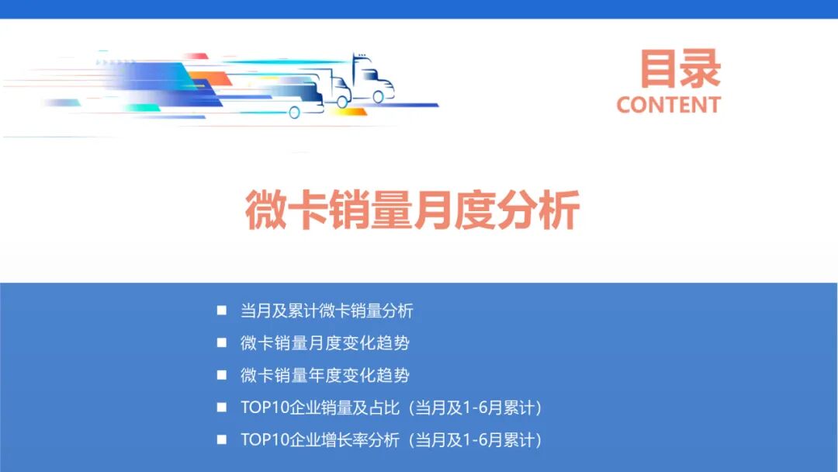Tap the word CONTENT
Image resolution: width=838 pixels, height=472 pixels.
pyautogui.click(x=669, y=105)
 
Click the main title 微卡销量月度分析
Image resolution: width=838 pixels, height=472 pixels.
pyautogui.click(x=412, y=210)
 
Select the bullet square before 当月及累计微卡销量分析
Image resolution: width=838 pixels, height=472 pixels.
pyautogui.click(x=222, y=311)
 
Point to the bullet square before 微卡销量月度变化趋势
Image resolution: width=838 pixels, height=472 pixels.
pyautogui.click(x=222, y=342)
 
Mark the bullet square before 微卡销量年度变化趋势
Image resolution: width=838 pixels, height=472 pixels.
pyautogui.click(x=222, y=375)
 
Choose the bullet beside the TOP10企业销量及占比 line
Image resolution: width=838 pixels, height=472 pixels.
pyautogui.click(x=222, y=407)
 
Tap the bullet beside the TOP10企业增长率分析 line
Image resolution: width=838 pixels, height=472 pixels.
pyautogui.click(x=222, y=439)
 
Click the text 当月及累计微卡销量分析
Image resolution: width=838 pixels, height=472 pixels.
pyautogui.click(x=327, y=311)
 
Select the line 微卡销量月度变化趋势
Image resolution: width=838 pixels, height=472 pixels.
pyautogui.click(x=325, y=343)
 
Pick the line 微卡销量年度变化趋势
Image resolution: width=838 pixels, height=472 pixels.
pyautogui.click(x=325, y=376)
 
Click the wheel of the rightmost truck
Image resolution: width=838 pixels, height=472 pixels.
pyautogui.click(x=378, y=97)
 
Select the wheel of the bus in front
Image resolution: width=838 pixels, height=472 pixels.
pyautogui.click(x=294, y=113)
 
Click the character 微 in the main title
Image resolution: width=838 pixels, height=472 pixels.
pyautogui.click(x=265, y=210)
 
